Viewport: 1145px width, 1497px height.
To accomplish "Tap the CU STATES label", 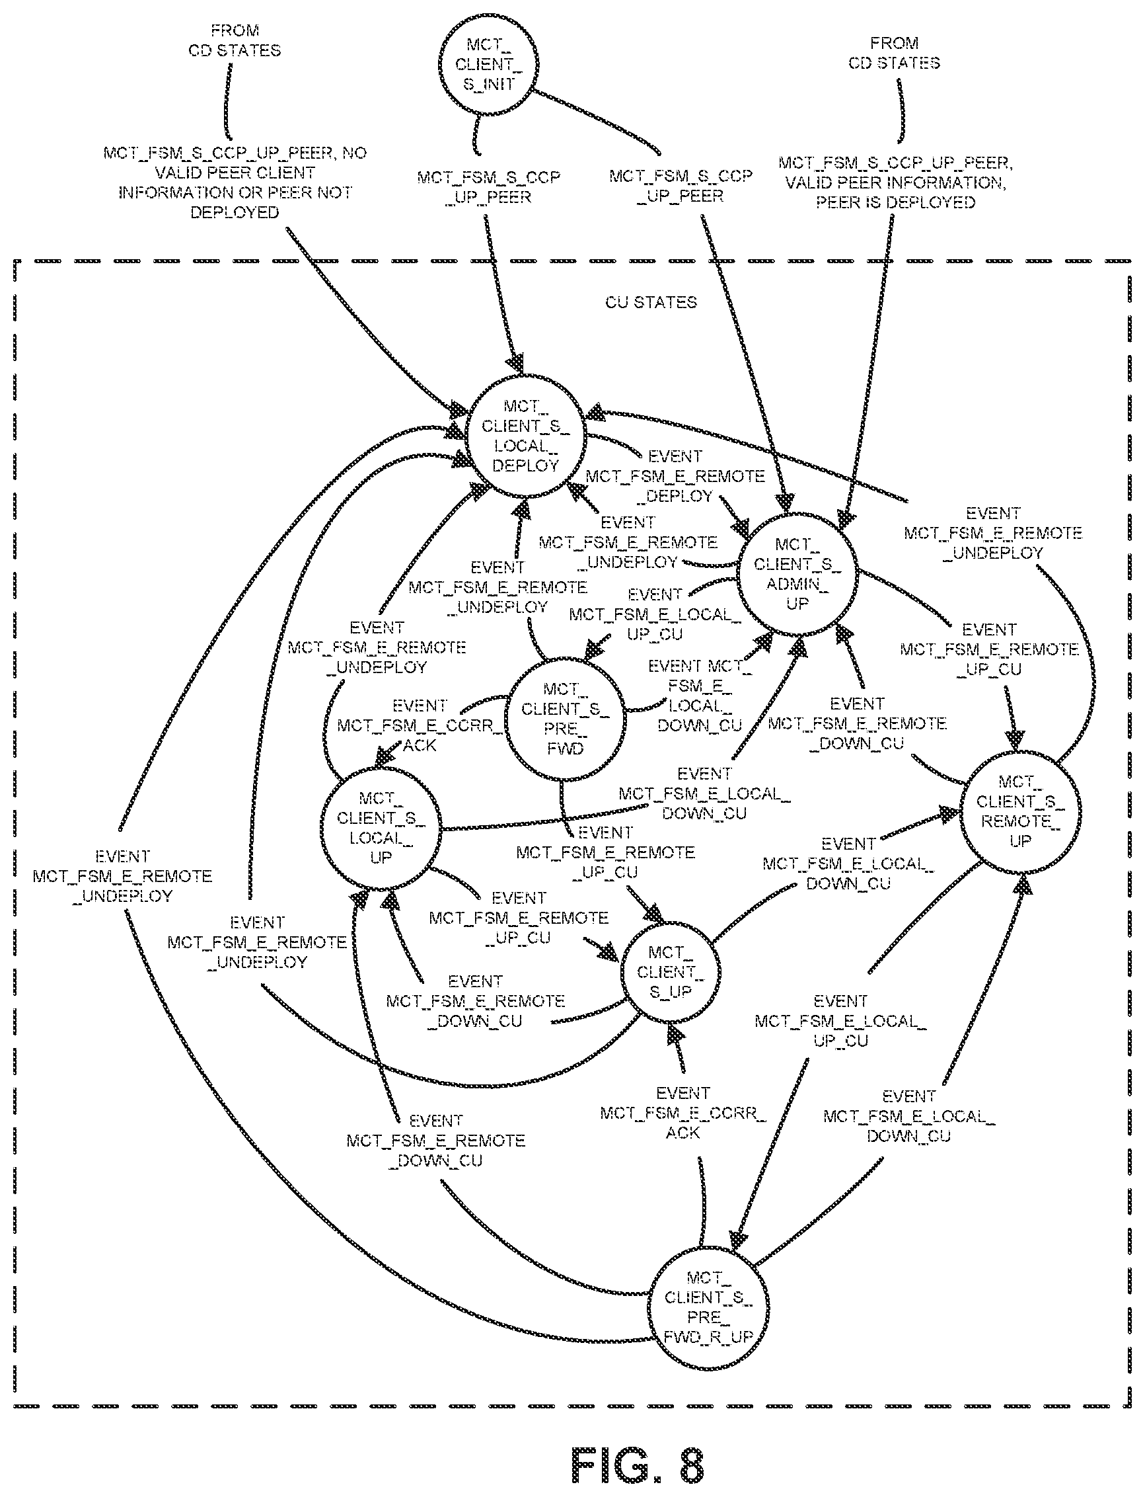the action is [x=651, y=302].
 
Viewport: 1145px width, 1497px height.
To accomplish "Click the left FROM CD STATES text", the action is [x=235, y=40].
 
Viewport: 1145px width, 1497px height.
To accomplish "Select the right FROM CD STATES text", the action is [x=894, y=53].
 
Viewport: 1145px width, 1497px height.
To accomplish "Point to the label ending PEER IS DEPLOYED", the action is [x=895, y=182].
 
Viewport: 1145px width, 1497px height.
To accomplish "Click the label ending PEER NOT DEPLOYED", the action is [x=235, y=182].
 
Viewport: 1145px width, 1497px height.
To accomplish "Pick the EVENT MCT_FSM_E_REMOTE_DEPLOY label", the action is [x=675, y=476].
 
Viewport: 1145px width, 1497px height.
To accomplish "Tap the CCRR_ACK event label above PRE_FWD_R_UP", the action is [x=683, y=1113].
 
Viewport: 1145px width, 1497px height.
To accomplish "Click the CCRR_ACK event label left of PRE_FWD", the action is [x=420, y=725].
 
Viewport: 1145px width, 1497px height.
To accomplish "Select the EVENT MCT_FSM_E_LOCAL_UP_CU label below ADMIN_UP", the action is [x=655, y=614].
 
